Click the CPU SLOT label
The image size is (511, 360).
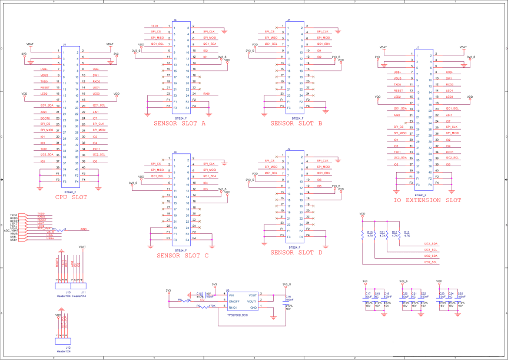pos(71,197)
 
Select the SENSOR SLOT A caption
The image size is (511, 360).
pos(179,123)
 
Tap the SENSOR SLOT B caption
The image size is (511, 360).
pos(296,123)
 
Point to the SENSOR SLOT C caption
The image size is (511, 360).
pos(182,256)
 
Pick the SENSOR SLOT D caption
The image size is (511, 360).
pos(296,252)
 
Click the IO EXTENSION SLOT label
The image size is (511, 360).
pos(427,200)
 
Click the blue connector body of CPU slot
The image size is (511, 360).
pos(71,117)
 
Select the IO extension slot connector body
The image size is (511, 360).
pos(424,120)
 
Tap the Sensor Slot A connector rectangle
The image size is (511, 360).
pos(181,67)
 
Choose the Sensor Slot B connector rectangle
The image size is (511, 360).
pos(295,67)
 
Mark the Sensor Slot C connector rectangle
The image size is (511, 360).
pos(181,199)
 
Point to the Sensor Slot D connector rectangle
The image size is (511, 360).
pos(295,196)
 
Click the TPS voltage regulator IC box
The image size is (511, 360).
pos(242,301)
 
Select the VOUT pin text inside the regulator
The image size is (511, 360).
pos(252,295)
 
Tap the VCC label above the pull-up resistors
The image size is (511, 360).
pos(362,213)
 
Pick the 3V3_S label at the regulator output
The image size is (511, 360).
pos(287,285)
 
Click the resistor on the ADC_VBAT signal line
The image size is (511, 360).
pos(59,230)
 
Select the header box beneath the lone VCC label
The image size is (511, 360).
pos(63,341)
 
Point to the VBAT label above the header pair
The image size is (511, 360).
pos(82,247)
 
